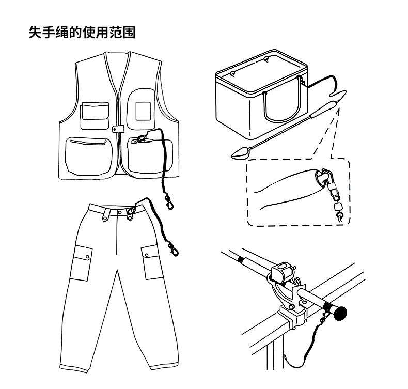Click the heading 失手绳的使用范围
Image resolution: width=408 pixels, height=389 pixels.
tap(82, 33)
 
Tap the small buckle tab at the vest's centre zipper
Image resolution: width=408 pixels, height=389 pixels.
tap(117, 129)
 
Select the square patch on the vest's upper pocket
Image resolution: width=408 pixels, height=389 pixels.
tap(142, 109)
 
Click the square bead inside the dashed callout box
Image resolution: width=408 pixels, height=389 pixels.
tap(339, 206)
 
